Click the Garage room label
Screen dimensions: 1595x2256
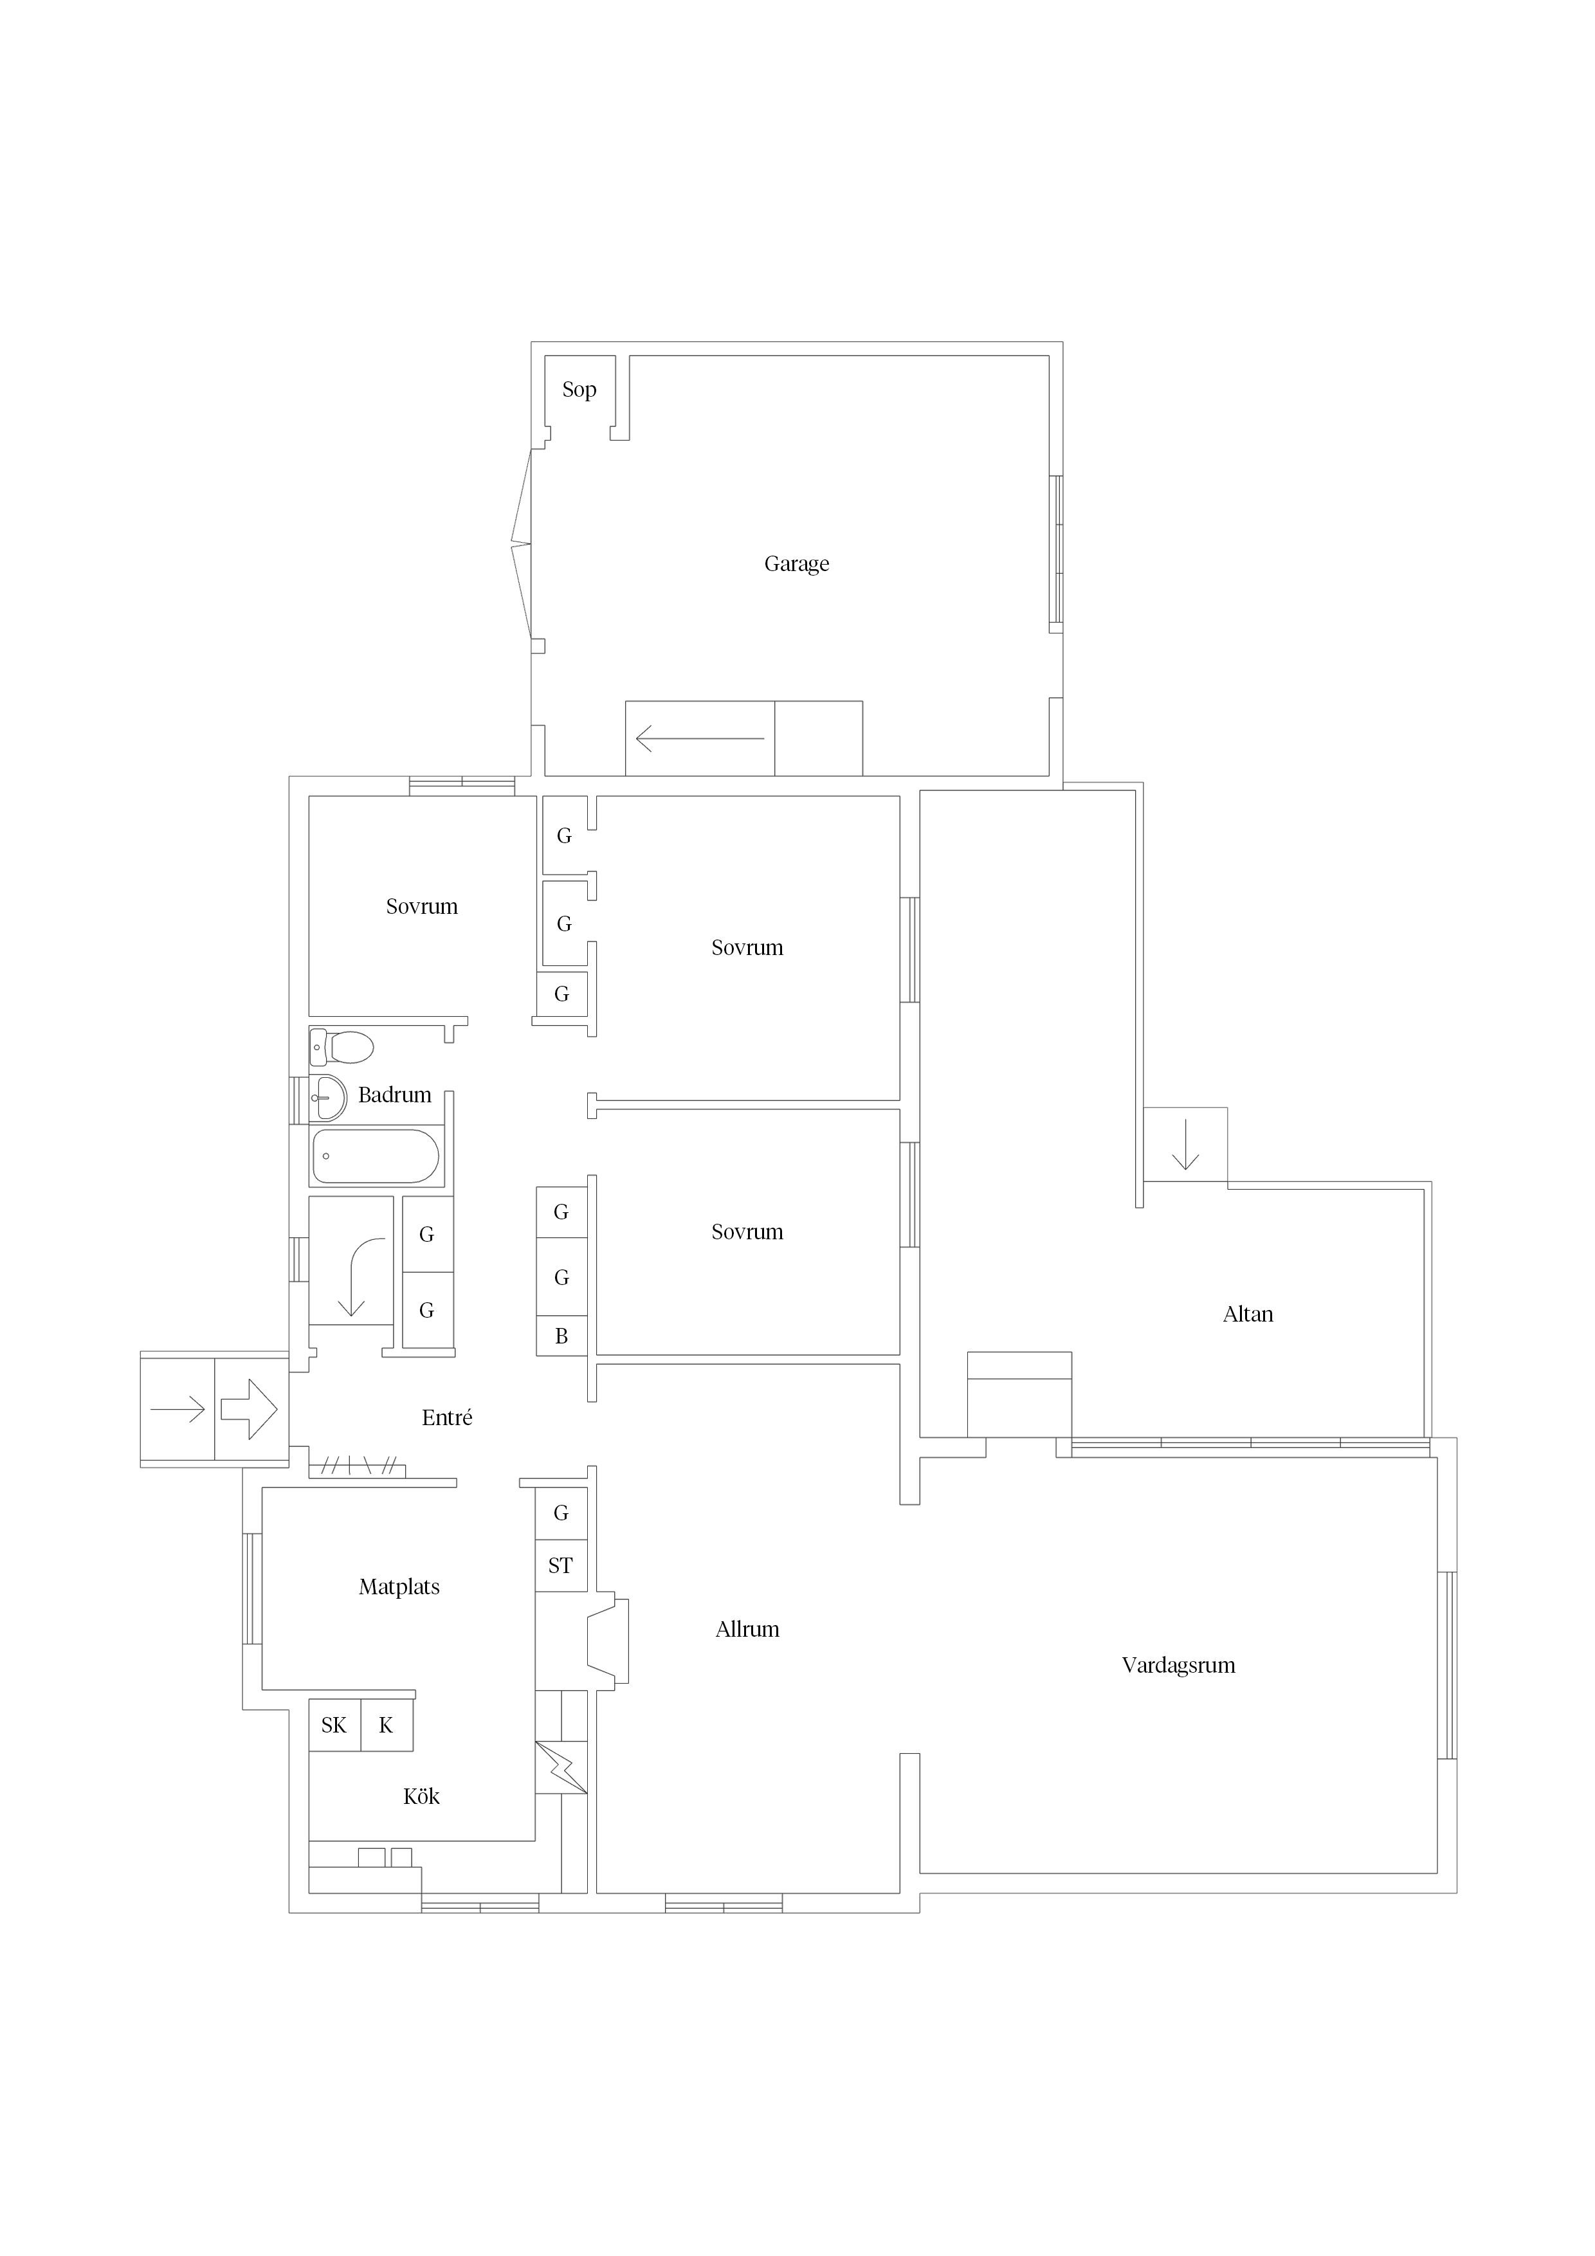796,564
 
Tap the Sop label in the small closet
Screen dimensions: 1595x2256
579,390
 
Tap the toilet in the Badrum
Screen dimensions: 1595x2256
341,1048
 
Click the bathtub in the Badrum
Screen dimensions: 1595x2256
376,1156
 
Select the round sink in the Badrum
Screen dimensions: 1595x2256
327,1098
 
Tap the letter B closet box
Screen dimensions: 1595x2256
561,1336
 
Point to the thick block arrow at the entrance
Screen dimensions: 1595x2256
249,1409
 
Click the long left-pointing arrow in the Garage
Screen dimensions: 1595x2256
700,738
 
